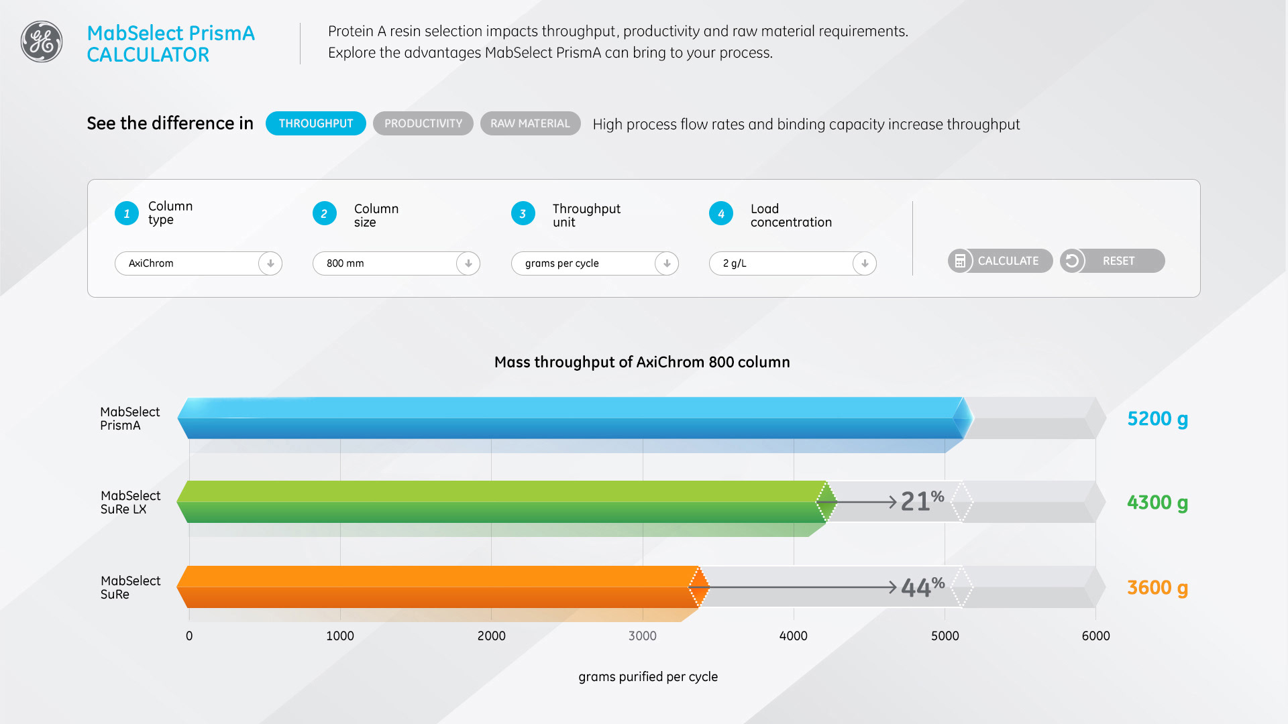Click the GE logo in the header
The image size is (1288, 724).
point(42,42)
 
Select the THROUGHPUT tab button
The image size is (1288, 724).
point(315,123)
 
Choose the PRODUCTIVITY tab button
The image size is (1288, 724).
point(423,123)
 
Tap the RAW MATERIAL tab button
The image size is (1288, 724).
point(530,123)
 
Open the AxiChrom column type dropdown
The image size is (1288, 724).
point(198,263)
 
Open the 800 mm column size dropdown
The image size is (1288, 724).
point(396,263)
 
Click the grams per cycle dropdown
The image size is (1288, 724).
point(594,263)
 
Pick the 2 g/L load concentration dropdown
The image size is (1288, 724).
point(792,263)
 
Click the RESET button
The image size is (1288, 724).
point(1112,261)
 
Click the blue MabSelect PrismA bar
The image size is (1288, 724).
point(570,418)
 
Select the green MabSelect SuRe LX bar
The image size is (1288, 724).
point(503,502)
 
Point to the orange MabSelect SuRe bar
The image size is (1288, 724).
point(436,587)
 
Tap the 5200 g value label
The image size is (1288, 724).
point(1157,419)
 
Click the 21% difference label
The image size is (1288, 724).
point(922,501)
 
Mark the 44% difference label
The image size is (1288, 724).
point(922,587)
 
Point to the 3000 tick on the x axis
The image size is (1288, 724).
point(642,636)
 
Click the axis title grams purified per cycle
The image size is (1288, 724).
point(648,676)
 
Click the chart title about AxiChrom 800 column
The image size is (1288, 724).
point(642,362)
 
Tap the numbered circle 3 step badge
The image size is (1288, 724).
point(523,214)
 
